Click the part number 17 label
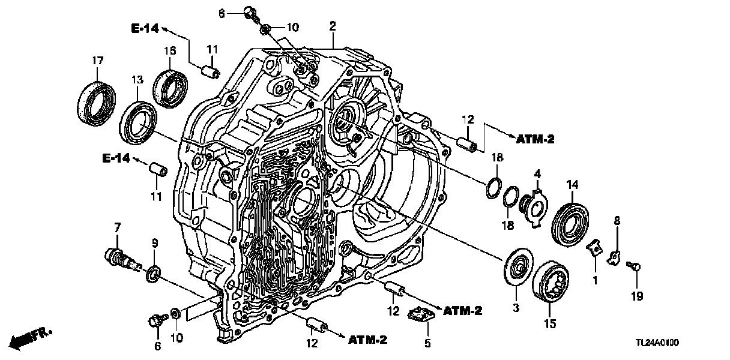(x=97, y=60)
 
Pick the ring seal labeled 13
(x=138, y=123)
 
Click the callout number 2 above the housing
(x=333, y=26)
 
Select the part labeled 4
(x=533, y=204)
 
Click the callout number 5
(x=427, y=344)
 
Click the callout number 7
(x=118, y=227)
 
